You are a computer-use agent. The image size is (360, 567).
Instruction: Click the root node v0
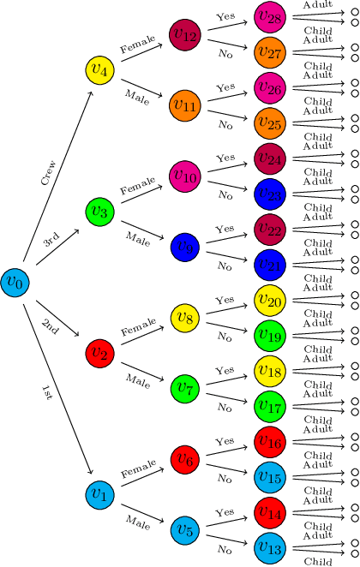click(x=15, y=281)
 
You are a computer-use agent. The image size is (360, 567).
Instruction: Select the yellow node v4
click(x=99, y=69)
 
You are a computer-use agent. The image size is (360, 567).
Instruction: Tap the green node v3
click(x=99, y=211)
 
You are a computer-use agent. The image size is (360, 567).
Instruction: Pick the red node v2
click(x=99, y=352)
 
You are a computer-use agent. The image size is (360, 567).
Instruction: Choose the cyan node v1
click(x=99, y=493)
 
